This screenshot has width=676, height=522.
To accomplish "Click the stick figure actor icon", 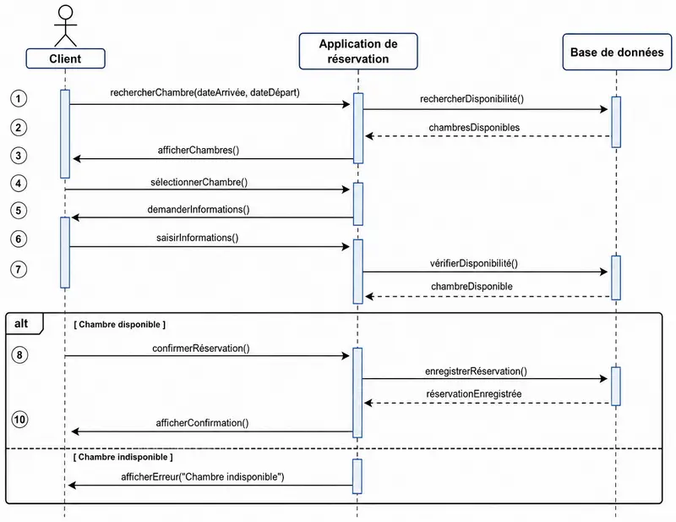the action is click(x=66, y=26).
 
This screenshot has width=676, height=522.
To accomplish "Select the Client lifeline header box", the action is click(x=66, y=58).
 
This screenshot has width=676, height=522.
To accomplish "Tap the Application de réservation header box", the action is click(x=358, y=52).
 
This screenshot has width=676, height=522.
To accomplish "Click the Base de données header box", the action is click(x=617, y=52).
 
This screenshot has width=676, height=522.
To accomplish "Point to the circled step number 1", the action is click(x=19, y=99).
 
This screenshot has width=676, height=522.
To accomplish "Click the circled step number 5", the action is click(x=19, y=211).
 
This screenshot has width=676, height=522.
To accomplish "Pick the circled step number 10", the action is click(x=19, y=420).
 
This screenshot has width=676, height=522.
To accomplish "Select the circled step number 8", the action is click(x=19, y=354).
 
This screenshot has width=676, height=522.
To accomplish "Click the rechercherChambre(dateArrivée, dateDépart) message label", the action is click(x=204, y=92).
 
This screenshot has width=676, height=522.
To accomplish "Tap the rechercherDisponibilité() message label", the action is click(x=472, y=99).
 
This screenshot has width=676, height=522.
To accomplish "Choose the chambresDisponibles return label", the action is click(x=474, y=128).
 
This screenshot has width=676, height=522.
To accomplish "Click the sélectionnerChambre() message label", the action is click(x=199, y=182).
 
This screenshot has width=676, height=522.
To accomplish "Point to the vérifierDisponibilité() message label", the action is click(x=473, y=263).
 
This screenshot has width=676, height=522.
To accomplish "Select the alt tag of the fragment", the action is click(x=21, y=323).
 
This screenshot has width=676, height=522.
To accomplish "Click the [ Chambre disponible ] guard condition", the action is click(x=119, y=324).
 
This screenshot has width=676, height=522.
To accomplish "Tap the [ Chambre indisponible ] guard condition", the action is click(x=123, y=457).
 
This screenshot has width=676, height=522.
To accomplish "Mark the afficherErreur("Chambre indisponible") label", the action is click(x=203, y=477).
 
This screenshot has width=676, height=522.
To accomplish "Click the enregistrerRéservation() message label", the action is click(x=476, y=371).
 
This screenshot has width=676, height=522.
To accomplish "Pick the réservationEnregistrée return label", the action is click(x=474, y=393).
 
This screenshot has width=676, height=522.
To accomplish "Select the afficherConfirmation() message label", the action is click(x=202, y=423).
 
